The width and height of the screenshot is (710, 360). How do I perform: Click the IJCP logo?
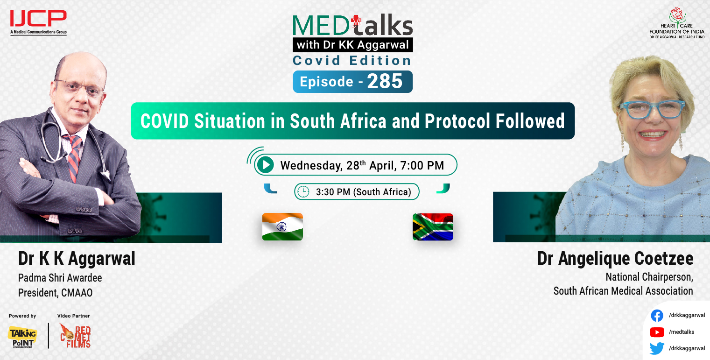[x=38, y=21]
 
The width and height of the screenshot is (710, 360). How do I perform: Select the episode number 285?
[x=385, y=82]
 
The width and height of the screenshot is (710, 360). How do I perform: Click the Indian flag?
[x=282, y=226]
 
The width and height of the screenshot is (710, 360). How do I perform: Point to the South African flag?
[x=433, y=227]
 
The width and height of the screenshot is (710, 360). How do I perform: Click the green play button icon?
[x=265, y=165]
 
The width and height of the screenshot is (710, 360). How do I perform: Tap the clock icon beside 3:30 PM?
[x=303, y=191]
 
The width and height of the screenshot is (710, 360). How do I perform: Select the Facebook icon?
[x=657, y=316]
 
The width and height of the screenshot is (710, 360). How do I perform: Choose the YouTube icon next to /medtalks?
[x=657, y=332]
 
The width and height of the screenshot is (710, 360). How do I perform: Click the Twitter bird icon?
[x=657, y=348]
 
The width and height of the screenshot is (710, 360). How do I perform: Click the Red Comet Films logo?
[x=75, y=336]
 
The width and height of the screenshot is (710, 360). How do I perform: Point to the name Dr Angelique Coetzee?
[x=615, y=258]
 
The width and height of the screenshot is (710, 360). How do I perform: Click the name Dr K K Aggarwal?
[x=77, y=258]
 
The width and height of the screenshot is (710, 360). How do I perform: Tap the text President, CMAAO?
[x=55, y=293]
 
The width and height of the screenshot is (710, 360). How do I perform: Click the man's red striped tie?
[x=74, y=156]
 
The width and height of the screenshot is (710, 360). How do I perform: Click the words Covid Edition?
[x=352, y=60]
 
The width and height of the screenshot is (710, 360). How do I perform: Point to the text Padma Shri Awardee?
[x=60, y=278]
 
